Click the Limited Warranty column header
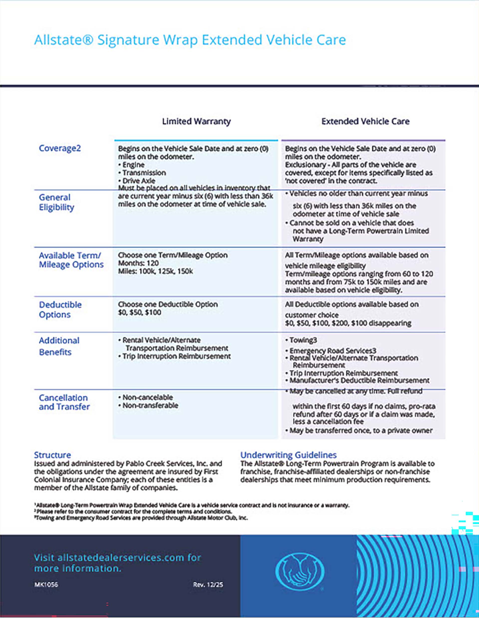point(196,122)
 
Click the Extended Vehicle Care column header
point(365,122)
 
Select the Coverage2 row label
point(60,148)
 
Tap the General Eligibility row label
point(56,202)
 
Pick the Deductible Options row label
point(60,310)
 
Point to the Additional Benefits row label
point(59,346)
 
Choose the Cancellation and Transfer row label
point(64,402)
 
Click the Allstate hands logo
point(300,572)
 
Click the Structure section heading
point(52,455)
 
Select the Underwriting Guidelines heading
point(288,455)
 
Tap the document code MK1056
point(46,585)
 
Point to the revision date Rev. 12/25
point(208,585)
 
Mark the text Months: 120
point(138,263)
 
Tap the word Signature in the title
point(128,40)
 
